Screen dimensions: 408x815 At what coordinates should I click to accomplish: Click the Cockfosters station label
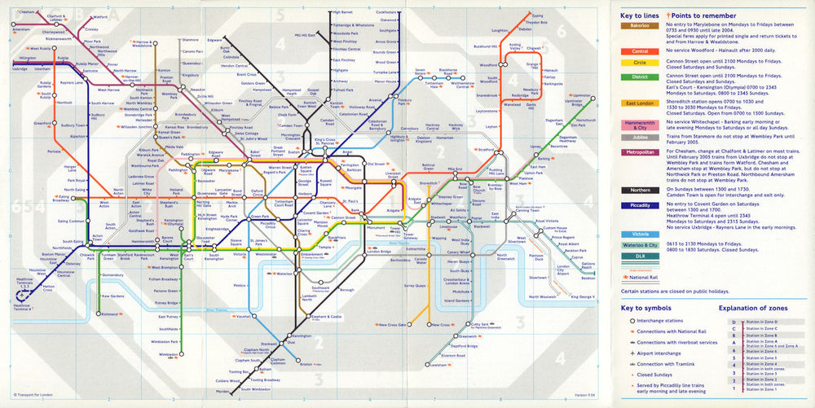[x=386, y=12]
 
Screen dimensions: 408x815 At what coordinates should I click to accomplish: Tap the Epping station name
[x=536, y=15]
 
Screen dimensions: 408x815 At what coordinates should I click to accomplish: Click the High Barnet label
[x=341, y=13]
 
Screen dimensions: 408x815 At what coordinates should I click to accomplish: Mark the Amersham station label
[x=21, y=30]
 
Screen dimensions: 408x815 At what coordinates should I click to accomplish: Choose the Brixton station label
[x=306, y=364]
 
